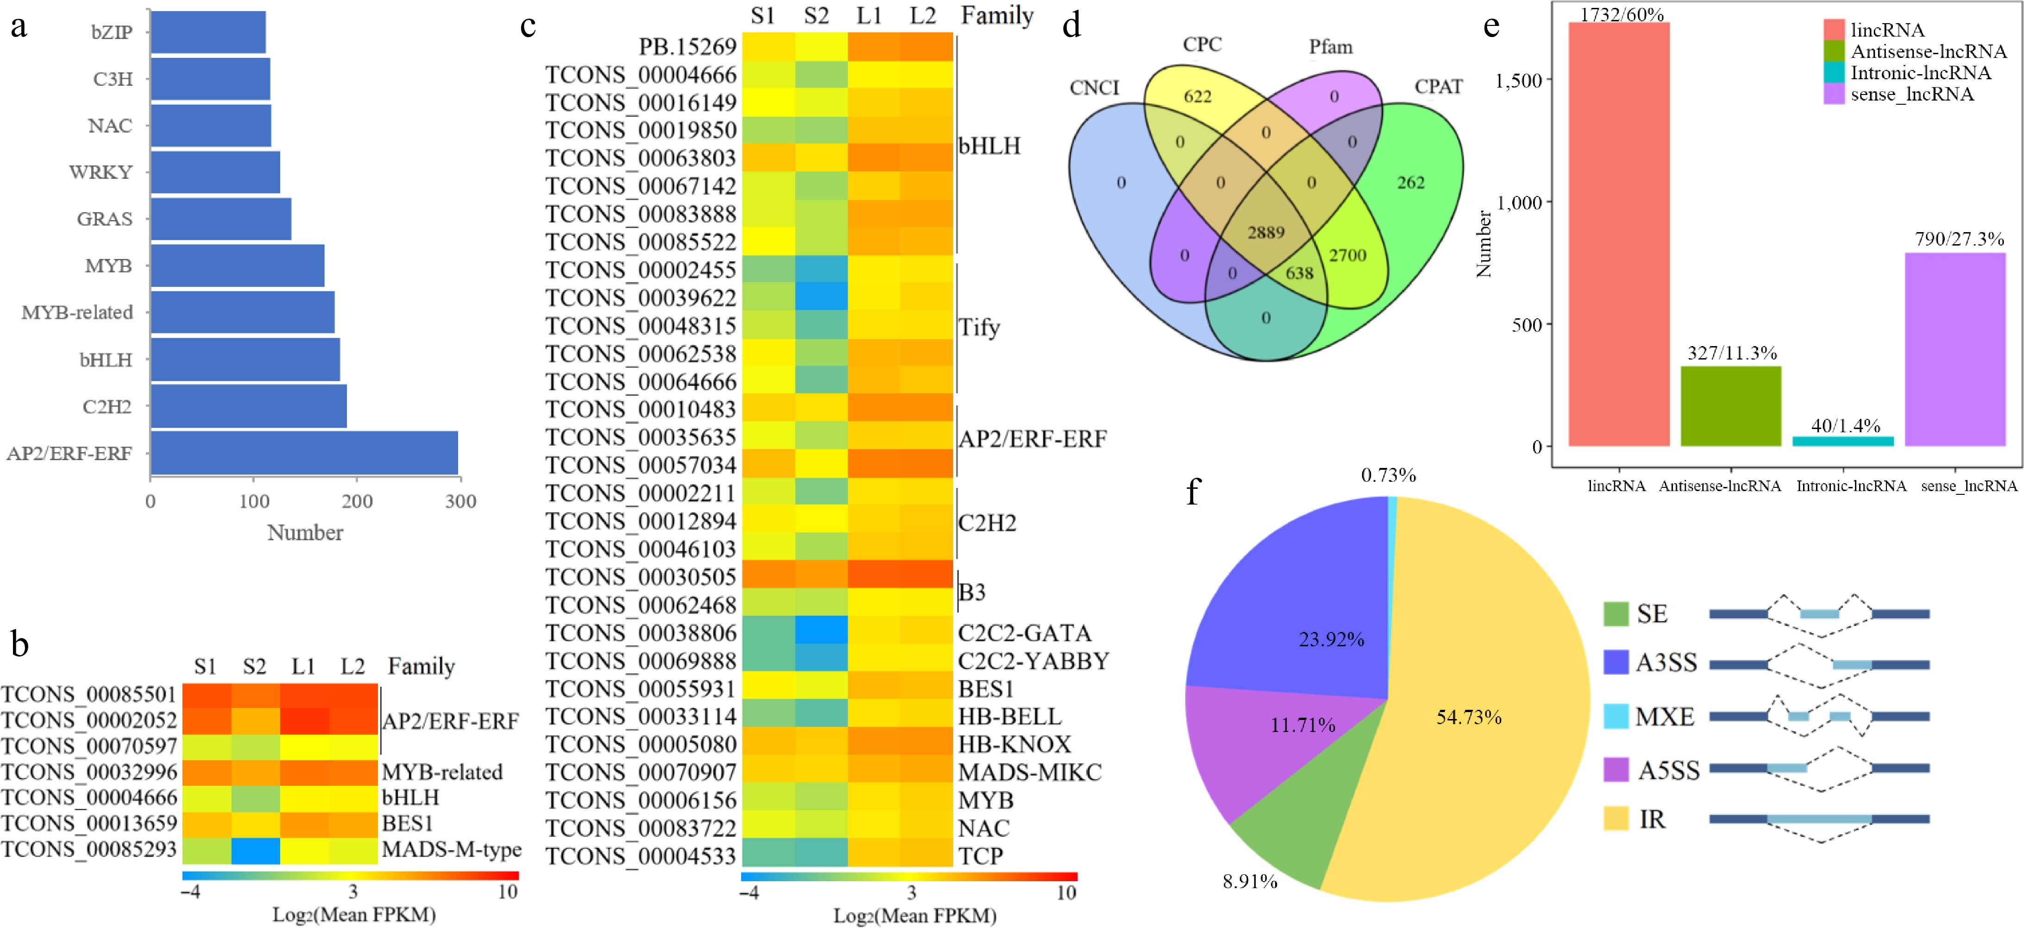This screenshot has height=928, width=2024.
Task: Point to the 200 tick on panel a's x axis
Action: pos(357,501)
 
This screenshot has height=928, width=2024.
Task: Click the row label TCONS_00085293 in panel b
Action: pos(89,849)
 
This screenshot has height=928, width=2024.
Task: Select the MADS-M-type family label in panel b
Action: pos(451,849)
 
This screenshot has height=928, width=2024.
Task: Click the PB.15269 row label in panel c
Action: pos(687,47)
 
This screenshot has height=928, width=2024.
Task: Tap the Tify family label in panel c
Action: pos(979,327)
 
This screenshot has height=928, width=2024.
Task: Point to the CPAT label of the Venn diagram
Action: pos(1438,87)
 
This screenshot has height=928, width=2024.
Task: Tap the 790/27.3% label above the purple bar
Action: pos(1959,239)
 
